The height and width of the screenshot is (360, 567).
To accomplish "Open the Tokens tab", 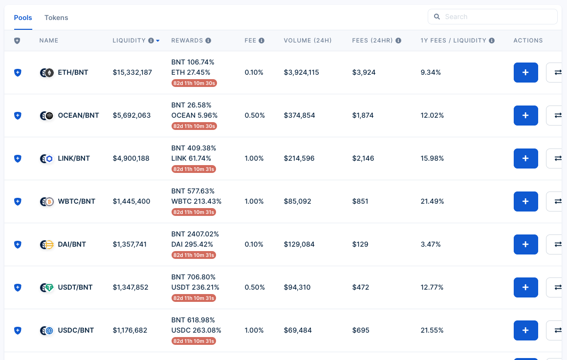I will (x=56, y=18).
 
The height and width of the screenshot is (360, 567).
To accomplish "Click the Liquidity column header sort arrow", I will (x=158, y=41).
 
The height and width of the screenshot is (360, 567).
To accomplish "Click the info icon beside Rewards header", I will (x=208, y=41).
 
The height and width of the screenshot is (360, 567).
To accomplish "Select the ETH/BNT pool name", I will (x=73, y=72).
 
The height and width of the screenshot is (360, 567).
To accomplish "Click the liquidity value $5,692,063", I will (x=131, y=115).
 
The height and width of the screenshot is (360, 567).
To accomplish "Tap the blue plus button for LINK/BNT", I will (x=525, y=158).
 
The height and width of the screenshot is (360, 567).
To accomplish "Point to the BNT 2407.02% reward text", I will (x=195, y=234).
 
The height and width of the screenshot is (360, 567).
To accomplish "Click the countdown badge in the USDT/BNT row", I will (x=194, y=298).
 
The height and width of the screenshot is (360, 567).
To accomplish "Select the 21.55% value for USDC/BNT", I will (x=432, y=330).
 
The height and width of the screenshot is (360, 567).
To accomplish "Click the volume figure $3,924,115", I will (x=301, y=72).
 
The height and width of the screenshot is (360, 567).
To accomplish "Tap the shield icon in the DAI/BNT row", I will (x=18, y=244).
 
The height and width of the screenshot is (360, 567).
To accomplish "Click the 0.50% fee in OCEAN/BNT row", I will (x=255, y=115).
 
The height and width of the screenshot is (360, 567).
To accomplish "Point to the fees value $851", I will (x=360, y=201).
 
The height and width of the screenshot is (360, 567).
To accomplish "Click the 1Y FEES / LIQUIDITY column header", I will (x=453, y=41).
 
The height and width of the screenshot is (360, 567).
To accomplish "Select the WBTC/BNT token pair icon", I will (x=46, y=201).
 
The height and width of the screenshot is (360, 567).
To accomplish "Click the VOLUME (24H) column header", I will (x=307, y=41).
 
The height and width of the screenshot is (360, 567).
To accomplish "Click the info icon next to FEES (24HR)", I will (x=398, y=41).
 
